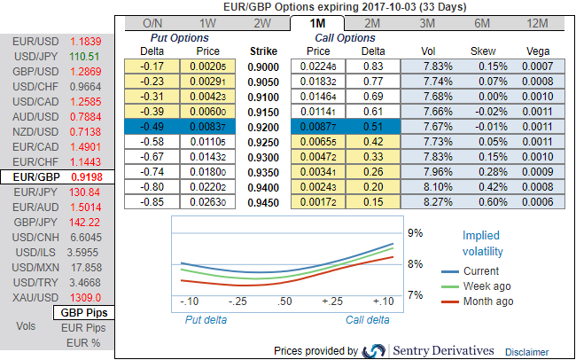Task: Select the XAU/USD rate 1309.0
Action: [x=86, y=298]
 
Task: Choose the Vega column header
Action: [x=539, y=51]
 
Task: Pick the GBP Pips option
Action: [x=85, y=313]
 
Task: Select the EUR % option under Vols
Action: [x=85, y=341]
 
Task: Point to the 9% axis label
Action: [x=415, y=233]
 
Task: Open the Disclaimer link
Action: [x=526, y=352]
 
